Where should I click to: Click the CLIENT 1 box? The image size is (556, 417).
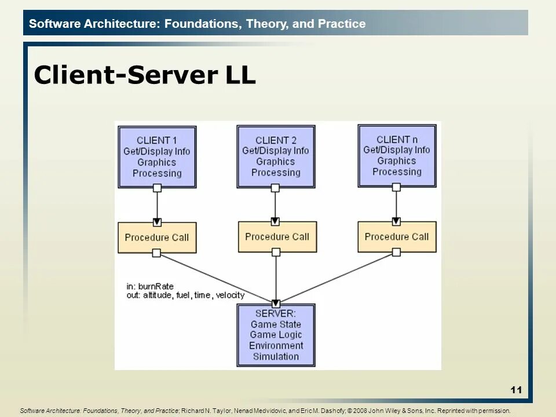(156, 156)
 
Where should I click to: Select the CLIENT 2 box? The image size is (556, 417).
(276, 156)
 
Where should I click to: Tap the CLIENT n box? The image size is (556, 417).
(397, 155)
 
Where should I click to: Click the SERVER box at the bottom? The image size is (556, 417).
(276, 335)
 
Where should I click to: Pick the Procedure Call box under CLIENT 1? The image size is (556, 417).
(156, 237)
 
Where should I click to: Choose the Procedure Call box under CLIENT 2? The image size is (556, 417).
(277, 236)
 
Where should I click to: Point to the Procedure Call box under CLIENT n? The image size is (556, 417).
(396, 236)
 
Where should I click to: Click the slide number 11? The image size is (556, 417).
(516, 390)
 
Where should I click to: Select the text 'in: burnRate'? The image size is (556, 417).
(150, 286)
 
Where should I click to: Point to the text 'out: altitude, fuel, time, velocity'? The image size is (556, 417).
(185, 295)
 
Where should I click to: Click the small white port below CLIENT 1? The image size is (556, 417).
(156, 188)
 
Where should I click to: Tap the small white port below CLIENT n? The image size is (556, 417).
(396, 187)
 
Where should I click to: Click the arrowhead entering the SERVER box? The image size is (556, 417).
(276, 302)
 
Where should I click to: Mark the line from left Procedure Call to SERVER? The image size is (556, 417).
(214, 277)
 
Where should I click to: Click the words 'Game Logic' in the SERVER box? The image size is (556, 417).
(276, 335)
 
